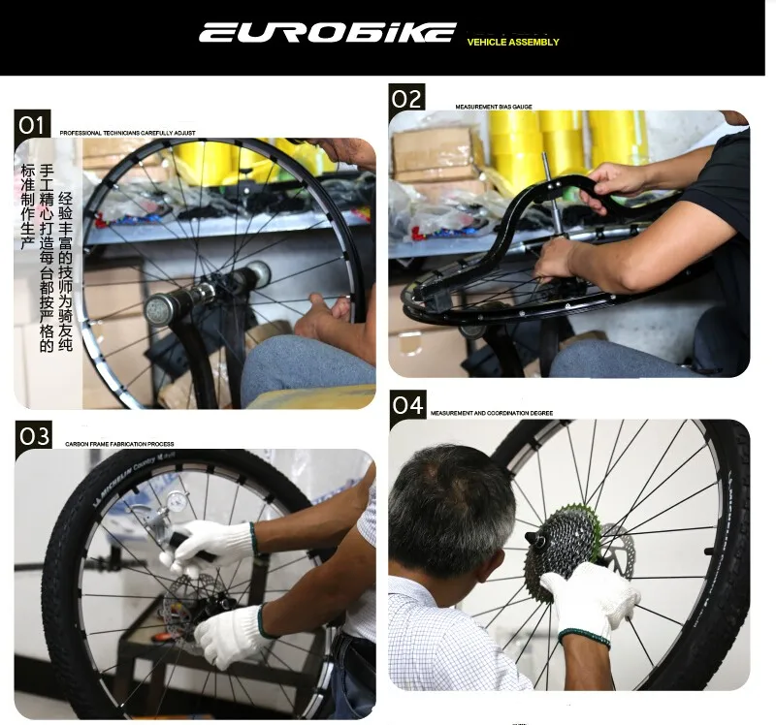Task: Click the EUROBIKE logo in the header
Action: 327,32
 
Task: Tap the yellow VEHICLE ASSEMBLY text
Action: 513,43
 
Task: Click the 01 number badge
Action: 33,124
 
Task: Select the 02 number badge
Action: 407,98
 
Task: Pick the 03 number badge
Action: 34,436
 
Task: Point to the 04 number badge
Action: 408,405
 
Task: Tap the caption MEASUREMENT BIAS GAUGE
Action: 494,107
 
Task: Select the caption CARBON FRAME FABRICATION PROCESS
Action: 119,445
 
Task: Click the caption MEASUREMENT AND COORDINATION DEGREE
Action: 492,414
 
